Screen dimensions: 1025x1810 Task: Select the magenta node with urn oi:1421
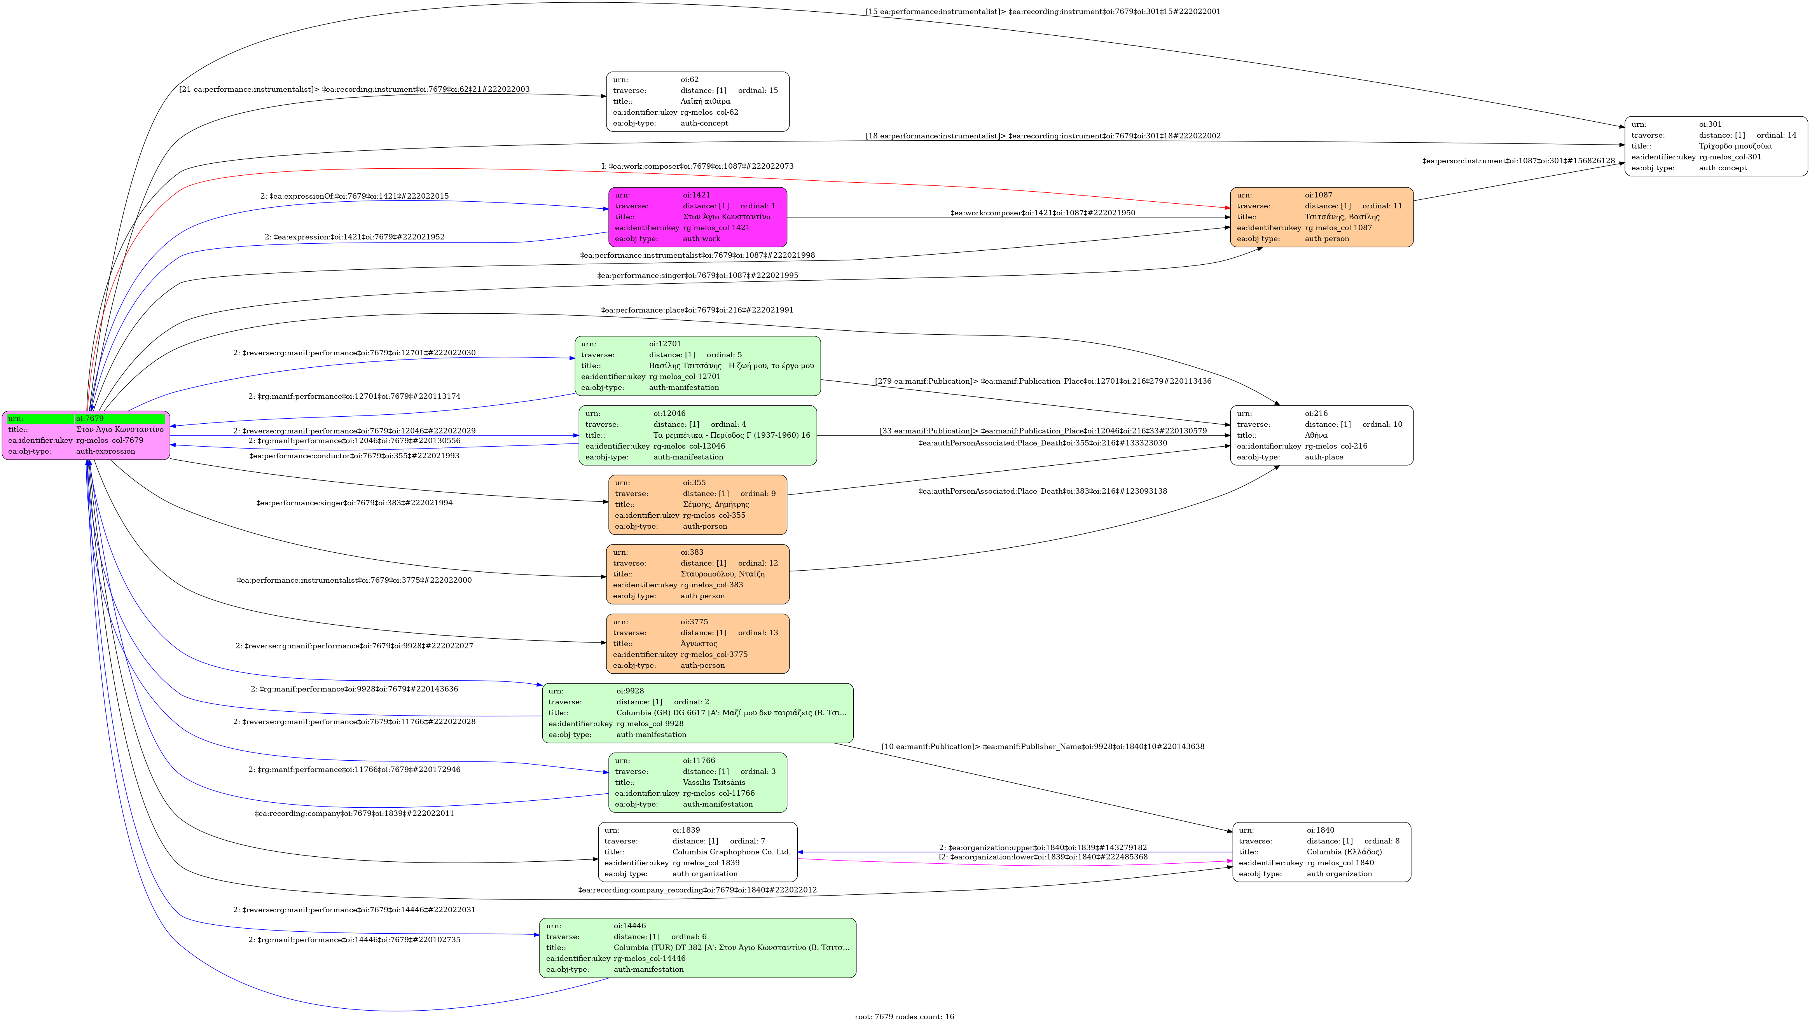click(x=697, y=217)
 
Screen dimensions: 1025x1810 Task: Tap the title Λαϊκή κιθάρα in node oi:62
click(x=706, y=101)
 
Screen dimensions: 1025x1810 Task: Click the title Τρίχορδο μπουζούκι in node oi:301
click(x=1735, y=146)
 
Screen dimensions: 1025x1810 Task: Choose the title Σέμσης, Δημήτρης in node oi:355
click(x=715, y=504)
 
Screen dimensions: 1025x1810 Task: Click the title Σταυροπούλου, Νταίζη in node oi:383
click(x=722, y=574)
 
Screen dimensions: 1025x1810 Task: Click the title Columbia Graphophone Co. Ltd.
click(x=731, y=852)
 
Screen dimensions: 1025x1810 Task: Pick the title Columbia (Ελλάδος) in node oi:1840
click(x=1344, y=852)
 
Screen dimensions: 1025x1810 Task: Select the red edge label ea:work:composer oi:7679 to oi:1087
click(x=697, y=166)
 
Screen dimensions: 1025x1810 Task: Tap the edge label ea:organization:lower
click(x=1043, y=857)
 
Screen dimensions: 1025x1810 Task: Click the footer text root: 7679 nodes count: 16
click(x=904, y=1016)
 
